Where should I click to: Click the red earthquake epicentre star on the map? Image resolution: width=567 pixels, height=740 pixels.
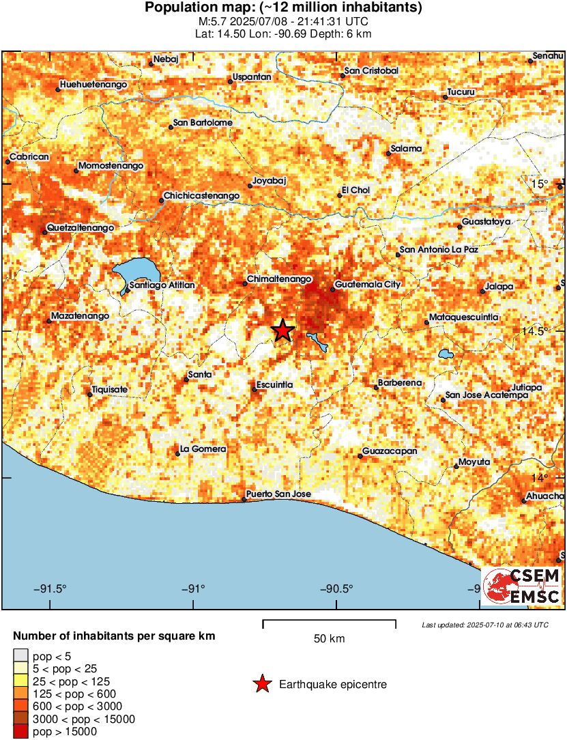coord(283,330)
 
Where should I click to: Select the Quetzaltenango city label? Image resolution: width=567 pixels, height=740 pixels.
coord(80,227)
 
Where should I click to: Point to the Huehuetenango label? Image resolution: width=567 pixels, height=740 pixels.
coord(93,85)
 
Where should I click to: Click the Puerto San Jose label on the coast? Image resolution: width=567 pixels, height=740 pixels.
coord(278,494)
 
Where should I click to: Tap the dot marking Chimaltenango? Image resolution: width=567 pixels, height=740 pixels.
coord(246,284)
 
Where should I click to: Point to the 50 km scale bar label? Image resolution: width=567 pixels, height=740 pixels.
coord(329,639)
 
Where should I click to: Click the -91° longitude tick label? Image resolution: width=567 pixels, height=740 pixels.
coord(194,588)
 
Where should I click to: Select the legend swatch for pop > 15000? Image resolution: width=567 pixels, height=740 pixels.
coord(22,732)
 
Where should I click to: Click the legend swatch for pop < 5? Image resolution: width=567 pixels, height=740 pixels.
coord(22,657)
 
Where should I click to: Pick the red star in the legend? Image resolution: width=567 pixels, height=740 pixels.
coord(261,684)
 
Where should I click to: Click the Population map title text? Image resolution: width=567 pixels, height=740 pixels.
coord(283,8)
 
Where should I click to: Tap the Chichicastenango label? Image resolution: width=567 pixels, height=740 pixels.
coord(202,196)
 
